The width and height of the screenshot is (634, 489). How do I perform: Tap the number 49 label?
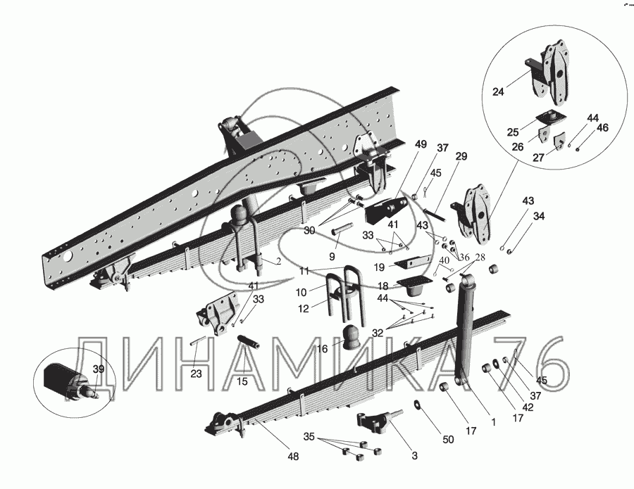point(421,144)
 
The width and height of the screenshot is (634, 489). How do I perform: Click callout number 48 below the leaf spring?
point(292,457)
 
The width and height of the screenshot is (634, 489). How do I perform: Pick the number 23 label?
point(195,374)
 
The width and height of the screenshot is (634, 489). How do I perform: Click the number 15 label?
point(242,381)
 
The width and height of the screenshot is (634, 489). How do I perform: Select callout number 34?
point(539,216)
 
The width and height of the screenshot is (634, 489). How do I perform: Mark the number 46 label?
point(602,128)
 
